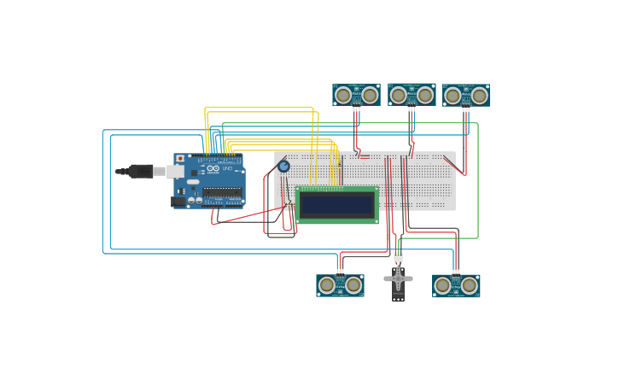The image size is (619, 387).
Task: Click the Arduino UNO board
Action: pyautogui.click(x=209, y=180)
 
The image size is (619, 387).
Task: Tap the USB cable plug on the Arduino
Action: pyautogui.click(x=141, y=171)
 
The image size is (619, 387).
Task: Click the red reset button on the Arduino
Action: pyautogui.click(x=180, y=159)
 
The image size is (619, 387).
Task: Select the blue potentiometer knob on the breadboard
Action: pyautogui.click(x=283, y=167)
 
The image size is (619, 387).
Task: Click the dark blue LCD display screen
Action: pyautogui.click(x=337, y=205)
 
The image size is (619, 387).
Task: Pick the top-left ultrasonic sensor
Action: pyautogui.click(x=356, y=95)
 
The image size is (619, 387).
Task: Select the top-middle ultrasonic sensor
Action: pyautogui.click(x=412, y=94)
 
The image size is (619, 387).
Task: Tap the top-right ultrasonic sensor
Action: pyautogui.click(x=466, y=96)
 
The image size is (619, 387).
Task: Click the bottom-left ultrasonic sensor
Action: pyautogui.click(x=340, y=285)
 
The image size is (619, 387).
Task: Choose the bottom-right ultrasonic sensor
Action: pyautogui.click(x=456, y=285)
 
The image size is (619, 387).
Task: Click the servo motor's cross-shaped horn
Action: pyautogui.click(x=398, y=279)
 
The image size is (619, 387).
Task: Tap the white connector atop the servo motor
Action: pyautogui.click(x=398, y=255)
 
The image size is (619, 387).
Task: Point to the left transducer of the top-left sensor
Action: pyautogui.click(x=343, y=95)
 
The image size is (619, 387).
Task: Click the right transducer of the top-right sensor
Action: pyautogui.click(x=479, y=96)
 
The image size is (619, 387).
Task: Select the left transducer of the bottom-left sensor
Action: pyautogui.click(x=327, y=285)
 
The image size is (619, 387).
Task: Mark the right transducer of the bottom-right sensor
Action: pyautogui.click(x=469, y=285)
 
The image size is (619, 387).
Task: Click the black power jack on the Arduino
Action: pyautogui.click(x=178, y=202)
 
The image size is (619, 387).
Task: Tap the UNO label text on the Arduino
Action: pyautogui.click(x=227, y=168)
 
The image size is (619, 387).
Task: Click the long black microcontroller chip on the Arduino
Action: pyautogui.click(x=221, y=192)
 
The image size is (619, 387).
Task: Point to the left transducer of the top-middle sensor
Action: pyautogui.click(x=399, y=94)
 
